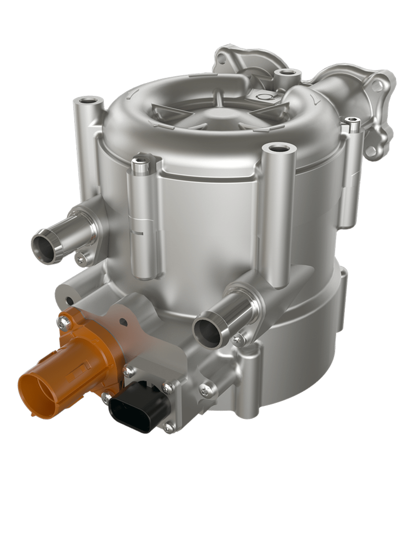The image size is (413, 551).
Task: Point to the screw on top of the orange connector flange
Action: click(x=62, y=323)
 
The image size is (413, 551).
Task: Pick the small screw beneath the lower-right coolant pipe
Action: click(x=238, y=338)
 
